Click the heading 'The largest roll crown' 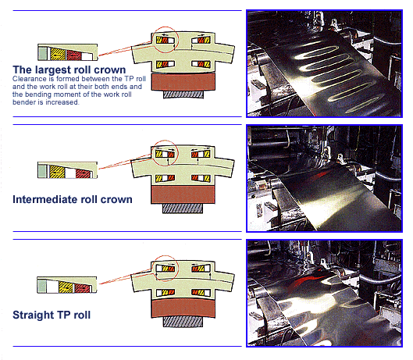(69, 70)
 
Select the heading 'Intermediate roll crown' (73, 199)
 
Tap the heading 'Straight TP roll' (52, 315)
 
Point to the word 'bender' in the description (23, 102)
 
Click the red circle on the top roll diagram (153, 40)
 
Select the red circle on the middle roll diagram (153, 153)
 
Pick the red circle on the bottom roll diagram (153, 269)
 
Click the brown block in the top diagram (183, 82)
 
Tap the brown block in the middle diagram (183, 194)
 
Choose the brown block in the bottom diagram (183, 308)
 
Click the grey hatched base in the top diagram (183, 94)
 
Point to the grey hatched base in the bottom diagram (183, 322)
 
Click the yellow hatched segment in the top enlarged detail (58, 54)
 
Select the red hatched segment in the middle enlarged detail (83, 173)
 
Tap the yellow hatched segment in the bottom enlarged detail (66, 287)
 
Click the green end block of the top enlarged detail (43, 53)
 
